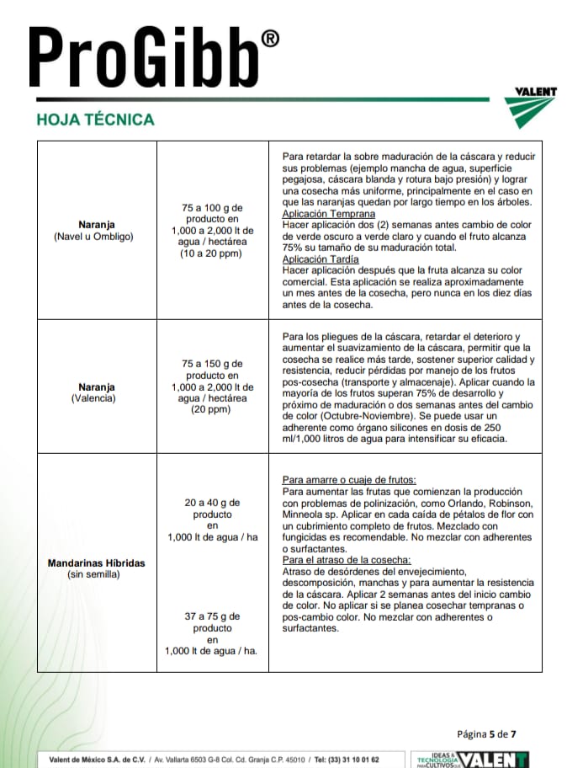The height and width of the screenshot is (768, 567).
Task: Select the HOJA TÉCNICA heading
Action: click(x=96, y=119)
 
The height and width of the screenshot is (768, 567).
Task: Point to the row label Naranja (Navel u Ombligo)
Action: click(x=93, y=231)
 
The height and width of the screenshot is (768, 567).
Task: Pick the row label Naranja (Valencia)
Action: click(x=93, y=392)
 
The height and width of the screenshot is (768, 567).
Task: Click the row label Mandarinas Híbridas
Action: click(x=96, y=563)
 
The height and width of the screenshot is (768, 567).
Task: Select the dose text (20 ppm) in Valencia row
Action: click(x=212, y=410)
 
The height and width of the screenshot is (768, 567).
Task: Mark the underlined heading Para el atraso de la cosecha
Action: click(x=347, y=560)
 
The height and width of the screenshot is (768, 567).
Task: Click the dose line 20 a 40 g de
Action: click(x=212, y=503)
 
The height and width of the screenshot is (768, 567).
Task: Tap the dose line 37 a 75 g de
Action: click(x=212, y=616)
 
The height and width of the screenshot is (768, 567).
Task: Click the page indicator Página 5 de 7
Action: click(x=491, y=733)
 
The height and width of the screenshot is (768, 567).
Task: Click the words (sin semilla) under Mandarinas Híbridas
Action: click(x=93, y=574)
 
